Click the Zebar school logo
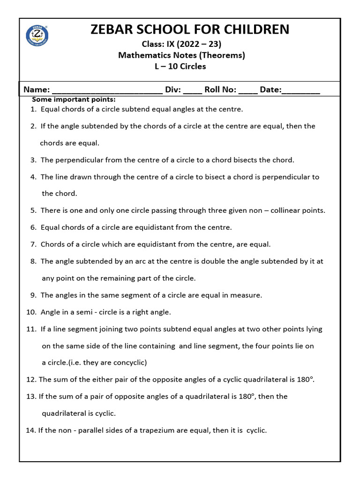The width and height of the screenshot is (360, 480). click(x=37, y=35)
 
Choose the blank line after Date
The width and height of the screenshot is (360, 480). click(x=301, y=90)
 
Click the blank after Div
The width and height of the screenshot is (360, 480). click(x=193, y=90)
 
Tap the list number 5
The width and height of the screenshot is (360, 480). click(x=33, y=210)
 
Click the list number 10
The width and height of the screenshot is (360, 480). click(x=31, y=312)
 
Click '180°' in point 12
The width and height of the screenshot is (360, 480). click(x=304, y=379)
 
